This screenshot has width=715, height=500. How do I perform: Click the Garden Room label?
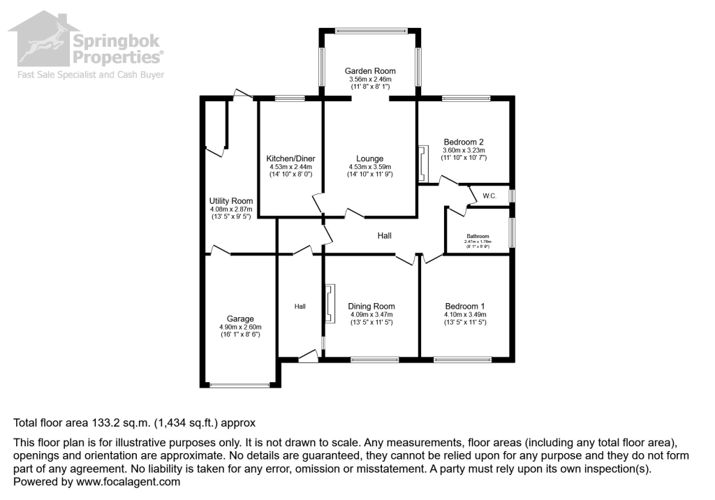[370, 71]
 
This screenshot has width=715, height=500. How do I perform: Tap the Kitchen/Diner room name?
[290, 159]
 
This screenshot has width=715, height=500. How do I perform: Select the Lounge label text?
[369, 159]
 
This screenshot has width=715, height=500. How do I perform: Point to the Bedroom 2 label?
[464, 142]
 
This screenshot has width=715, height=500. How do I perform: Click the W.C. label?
[489, 196]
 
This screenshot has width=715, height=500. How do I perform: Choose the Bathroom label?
[478, 236]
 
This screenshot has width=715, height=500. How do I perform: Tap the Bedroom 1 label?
[464, 306]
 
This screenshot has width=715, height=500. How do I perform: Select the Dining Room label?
[372, 306]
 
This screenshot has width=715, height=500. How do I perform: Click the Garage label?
[239, 318]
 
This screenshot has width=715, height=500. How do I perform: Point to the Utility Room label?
[231, 201]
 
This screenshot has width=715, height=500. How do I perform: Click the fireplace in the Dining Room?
[329, 304]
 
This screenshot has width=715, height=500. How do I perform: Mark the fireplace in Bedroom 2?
[422, 165]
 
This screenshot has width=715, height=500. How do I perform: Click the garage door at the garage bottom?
[239, 385]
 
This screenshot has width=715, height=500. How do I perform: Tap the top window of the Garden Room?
[370, 30]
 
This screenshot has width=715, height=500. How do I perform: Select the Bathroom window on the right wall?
[512, 233]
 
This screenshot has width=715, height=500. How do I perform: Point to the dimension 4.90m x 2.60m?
[239, 327]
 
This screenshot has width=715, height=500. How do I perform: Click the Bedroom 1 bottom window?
[462, 360]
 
